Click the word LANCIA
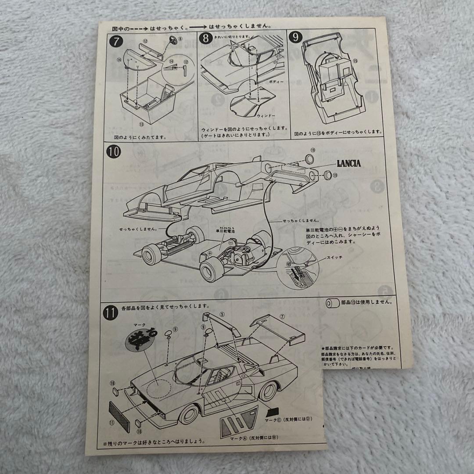coord(349,164)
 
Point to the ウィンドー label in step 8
coord(265,116)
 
